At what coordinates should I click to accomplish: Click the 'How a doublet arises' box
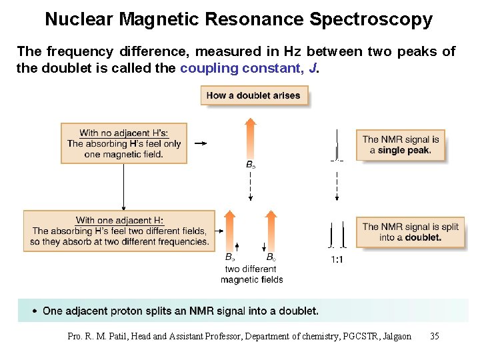tap(254, 95)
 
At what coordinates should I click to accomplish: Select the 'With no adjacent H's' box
tap(124, 143)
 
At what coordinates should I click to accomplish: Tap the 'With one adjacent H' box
tap(120, 231)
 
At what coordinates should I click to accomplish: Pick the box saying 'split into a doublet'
tap(410, 232)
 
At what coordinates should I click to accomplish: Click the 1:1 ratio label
tap(337, 260)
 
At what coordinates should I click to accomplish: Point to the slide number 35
tap(435, 336)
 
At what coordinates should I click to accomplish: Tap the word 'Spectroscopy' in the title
tap(371, 19)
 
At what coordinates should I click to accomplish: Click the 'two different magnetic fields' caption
tap(251, 274)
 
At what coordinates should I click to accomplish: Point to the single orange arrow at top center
tap(250, 139)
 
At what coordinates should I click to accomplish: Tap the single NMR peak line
tap(337, 144)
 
